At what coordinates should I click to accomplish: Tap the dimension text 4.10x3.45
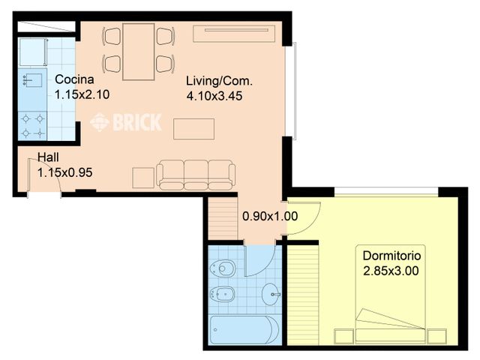pos(214,96)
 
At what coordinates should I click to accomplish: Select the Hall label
pos(49,158)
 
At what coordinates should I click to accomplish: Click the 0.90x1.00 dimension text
pos(270,217)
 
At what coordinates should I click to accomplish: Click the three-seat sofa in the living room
pos(196,174)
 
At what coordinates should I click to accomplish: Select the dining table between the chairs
pos(139,51)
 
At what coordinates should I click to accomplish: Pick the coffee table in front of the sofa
pos(193,128)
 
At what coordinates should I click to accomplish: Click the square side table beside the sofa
pos(142,177)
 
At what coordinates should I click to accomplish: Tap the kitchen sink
pos(32,79)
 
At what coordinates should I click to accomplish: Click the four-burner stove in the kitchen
pos(32,125)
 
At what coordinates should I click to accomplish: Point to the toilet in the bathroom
pos(223,268)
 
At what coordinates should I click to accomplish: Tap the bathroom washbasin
pos(271,295)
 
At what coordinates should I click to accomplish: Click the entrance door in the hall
pos(43,187)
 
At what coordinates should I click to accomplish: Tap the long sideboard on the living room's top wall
pos(235,34)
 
